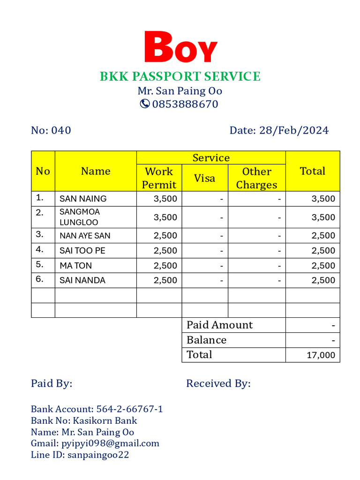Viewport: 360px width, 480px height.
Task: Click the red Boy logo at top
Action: [180, 47]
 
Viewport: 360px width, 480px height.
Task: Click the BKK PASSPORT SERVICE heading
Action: [180, 76]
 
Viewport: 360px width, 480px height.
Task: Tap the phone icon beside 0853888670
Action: [145, 104]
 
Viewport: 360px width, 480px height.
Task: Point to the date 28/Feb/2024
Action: [294, 130]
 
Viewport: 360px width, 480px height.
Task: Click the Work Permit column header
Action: [159, 178]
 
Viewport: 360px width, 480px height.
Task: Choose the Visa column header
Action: [204, 178]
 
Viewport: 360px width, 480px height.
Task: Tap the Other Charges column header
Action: [256, 178]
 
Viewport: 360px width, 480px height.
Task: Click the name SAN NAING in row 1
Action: [83, 199]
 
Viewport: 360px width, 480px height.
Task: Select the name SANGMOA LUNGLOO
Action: [80, 217]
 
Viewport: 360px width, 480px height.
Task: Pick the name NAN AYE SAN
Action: [85, 236]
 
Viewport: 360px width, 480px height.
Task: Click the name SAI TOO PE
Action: [82, 251]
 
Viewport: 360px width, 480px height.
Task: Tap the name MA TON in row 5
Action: [75, 266]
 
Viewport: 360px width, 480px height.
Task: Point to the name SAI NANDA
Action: [82, 280]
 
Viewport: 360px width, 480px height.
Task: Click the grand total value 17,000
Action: [321, 355]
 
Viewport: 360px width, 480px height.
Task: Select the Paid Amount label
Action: [219, 325]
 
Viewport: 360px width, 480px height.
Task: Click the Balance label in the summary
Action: [206, 340]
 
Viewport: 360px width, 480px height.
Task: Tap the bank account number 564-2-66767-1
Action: [129, 409]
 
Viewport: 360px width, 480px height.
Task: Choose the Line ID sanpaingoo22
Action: [98, 455]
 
